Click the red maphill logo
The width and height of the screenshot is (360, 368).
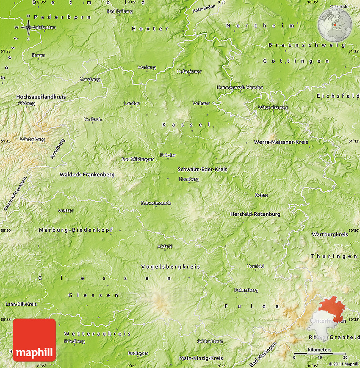click(x=34, y=340)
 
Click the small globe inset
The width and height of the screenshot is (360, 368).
click(x=335, y=24)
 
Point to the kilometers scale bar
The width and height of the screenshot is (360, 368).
click(x=320, y=353)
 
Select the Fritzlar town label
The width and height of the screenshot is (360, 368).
click(x=168, y=155)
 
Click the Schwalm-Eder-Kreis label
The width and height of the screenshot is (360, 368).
click(x=202, y=169)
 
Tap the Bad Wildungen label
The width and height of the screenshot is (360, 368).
click(x=138, y=159)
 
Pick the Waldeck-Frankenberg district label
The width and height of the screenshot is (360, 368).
click(x=87, y=174)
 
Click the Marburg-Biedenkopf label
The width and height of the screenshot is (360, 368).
click(x=76, y=230)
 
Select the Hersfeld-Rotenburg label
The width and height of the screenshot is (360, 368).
click(x=255, y=214)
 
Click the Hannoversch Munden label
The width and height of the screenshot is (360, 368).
click(x=240, y=88)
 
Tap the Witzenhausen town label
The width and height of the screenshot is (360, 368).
click(x=273, y=107)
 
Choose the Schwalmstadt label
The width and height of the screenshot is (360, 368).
click(x=156, y=203)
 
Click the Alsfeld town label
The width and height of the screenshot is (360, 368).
click(x=165, y=246)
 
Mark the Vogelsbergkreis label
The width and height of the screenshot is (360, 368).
click(x=170, y=266)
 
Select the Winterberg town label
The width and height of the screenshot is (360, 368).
click(x=32, y=139)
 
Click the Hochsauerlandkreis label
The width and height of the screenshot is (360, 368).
click(x=41, y=97)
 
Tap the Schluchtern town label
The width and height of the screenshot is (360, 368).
click(x=210, y=341)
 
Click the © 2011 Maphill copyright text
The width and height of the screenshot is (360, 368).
click(x=343, y=364)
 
